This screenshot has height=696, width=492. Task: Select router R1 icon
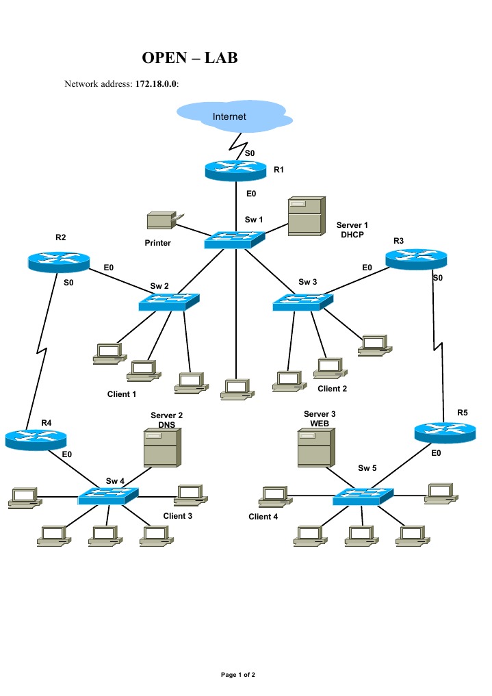[235, 170]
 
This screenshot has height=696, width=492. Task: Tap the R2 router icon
[60, 261]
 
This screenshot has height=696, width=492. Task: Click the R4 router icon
[36, 438]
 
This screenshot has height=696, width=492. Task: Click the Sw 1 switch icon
[234, 240]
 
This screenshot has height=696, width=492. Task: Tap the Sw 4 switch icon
[108, 495]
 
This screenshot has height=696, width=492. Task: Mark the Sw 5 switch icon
[363, 497]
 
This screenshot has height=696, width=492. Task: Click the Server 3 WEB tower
[314, 448]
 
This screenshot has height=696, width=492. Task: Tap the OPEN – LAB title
[190, 58]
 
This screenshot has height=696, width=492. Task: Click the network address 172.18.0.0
[152, 84]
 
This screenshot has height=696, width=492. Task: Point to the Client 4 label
[263, 517]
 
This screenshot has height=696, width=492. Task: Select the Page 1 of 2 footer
[237, 675]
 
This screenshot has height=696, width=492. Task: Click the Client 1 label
[122, 394]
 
